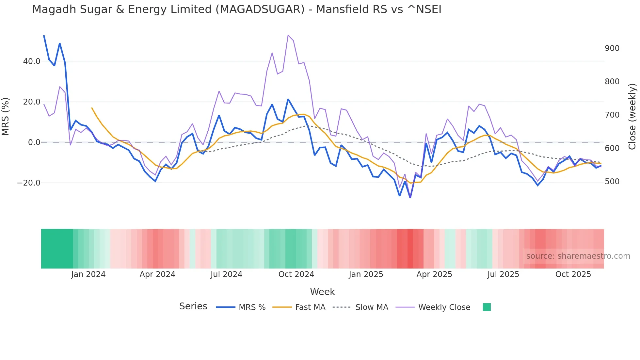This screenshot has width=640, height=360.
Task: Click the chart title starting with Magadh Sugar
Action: click(236, 9)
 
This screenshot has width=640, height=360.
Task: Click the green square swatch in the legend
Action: click(487, 307)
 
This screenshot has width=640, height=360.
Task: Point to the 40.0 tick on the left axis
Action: click(32, 61)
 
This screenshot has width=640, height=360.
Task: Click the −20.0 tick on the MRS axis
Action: click(29, 183)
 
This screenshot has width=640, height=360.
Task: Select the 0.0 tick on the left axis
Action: click(34, 142)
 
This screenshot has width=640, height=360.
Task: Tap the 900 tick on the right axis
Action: click(612, 48)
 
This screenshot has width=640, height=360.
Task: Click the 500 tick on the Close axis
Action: click(612, 182)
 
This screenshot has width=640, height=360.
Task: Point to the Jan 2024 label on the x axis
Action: click(88, 274)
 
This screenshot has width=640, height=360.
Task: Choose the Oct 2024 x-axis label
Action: click(296, 274)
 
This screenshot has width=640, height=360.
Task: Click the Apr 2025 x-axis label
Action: click(434, 274)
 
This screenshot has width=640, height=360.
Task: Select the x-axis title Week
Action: click(322, 292)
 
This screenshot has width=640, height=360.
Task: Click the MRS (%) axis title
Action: click(6, 116)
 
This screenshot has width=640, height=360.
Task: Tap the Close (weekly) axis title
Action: click(632, 116)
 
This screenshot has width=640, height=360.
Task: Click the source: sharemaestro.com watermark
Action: click(578, 256)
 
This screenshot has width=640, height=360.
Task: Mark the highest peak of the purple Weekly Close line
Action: click(288, 35)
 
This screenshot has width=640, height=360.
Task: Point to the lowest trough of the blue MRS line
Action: click(410, 197)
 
